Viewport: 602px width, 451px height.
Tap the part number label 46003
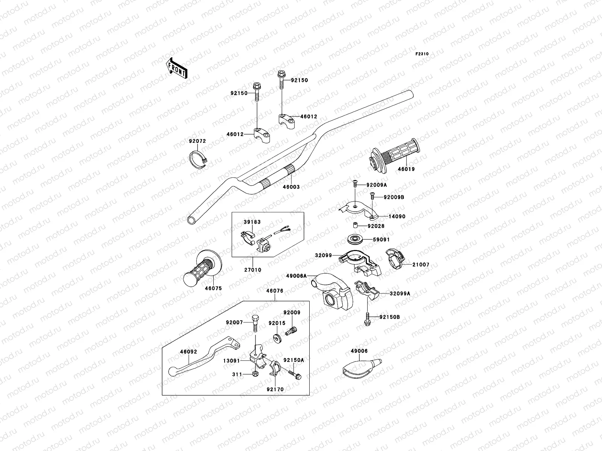click(x=291, y=187)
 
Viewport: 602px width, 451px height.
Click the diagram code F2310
click(x=422, y=54)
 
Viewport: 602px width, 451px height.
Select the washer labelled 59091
click(x=354, y=239)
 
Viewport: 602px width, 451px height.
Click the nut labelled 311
click(x=255, y=374)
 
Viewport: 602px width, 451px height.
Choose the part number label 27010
click(x=252, y=270)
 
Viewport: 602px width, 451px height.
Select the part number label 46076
click(x=275, y=291)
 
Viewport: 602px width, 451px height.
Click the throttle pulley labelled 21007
click(x=395, y=260)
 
